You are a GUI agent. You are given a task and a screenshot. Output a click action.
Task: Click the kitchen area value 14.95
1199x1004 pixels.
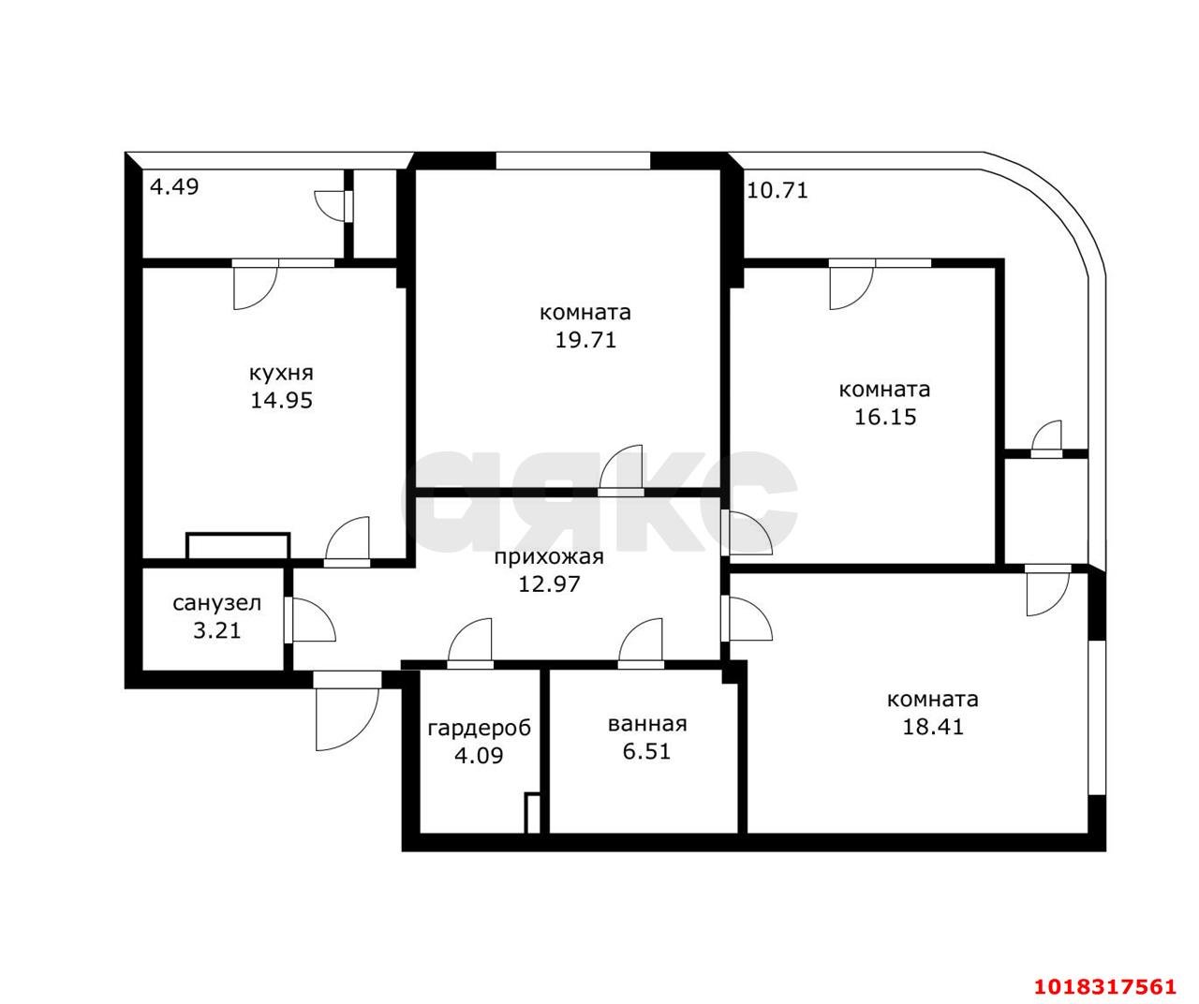pos(281,400)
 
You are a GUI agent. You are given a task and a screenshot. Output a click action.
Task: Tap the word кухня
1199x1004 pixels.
pos(281,374)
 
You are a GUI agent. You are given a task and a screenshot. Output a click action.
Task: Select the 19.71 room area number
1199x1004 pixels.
pos(585,340)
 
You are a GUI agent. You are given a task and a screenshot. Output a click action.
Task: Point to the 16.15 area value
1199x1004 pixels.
pos(885,417)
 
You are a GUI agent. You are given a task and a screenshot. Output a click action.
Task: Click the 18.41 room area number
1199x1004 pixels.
pos(933,727)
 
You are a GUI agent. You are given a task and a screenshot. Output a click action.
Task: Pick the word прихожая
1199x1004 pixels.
pos(549,557)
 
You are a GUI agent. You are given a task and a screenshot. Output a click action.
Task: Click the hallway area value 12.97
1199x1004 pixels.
pos(549,584)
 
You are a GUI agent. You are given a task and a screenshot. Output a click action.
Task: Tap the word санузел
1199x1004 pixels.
pos(216,604)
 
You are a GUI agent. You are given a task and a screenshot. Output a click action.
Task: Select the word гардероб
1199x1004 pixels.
pos(479,729)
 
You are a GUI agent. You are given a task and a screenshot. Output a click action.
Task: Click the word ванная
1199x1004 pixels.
pos(647,725)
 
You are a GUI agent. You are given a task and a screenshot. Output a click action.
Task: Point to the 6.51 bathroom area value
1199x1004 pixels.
pos(646,751)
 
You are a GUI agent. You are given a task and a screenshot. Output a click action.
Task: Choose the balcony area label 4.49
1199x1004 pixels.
pos(174,186)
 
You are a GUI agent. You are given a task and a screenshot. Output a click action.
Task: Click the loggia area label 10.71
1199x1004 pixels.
pos(777,190)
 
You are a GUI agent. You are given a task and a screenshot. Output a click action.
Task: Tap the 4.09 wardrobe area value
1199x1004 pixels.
pos(479,756)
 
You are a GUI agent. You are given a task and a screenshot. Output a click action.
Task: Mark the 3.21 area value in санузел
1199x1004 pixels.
pos(216,631)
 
